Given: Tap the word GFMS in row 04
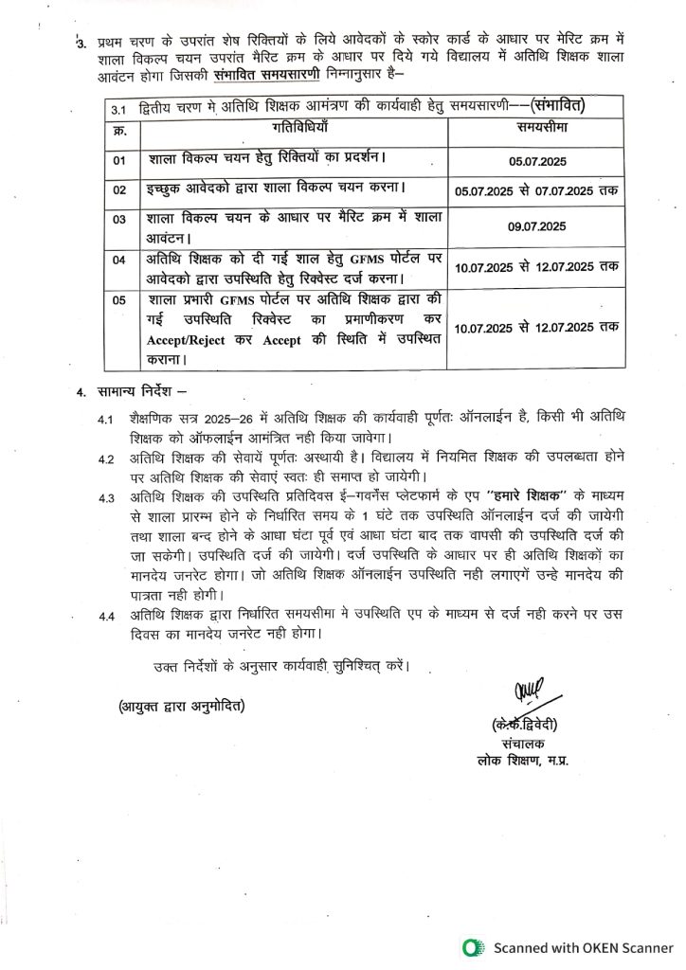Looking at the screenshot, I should point(315,258).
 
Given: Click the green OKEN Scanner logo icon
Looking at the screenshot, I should point(470,947).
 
